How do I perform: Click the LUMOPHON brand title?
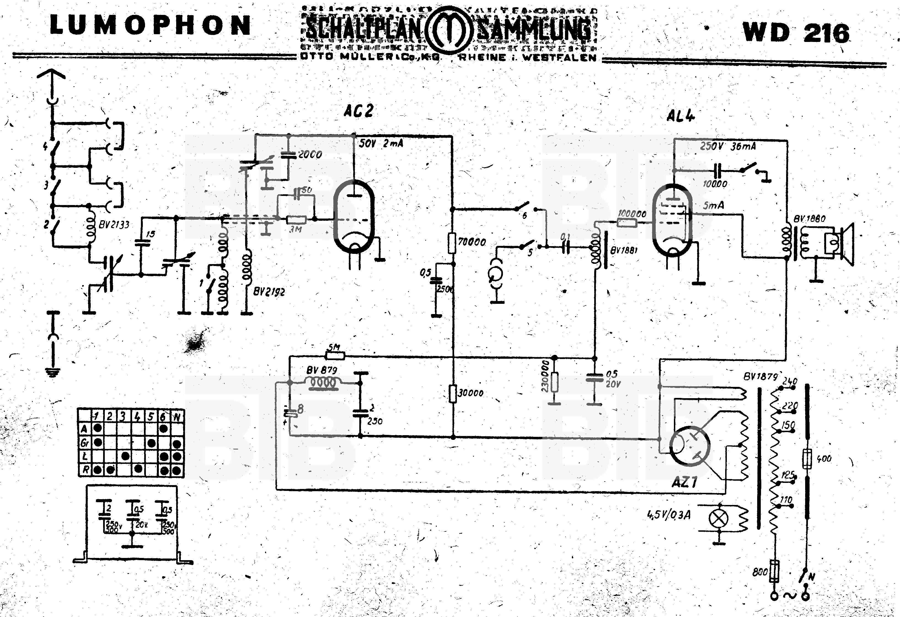pos(150,26)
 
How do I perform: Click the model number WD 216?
pos(796,33)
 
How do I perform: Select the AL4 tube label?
pos(681,116)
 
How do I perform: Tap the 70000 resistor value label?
pos(472,242)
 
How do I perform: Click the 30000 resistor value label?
pos(470,393)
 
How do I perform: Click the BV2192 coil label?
pos(269,291)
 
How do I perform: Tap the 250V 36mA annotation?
pos(728,147)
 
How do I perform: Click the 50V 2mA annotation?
pos(381,143)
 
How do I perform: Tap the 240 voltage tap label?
pos(790,381)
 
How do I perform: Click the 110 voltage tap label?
pos(786,500)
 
